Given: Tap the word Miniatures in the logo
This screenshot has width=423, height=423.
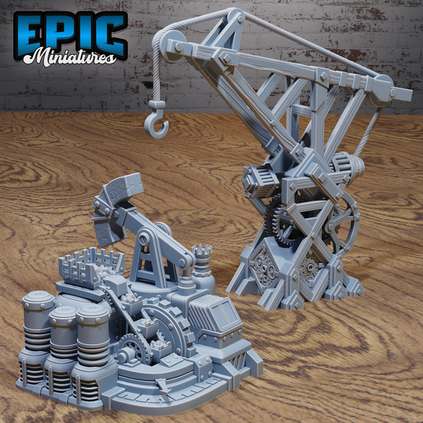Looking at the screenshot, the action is pyautogui.click(x=70, y=57).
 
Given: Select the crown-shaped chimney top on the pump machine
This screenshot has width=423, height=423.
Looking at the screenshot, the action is pyautogui.click(x=202, y=252).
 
